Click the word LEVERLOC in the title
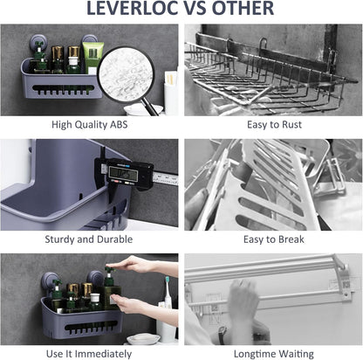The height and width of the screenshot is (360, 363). [x=133, y=8]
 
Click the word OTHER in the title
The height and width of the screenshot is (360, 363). [x=243, y=8]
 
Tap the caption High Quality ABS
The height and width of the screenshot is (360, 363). [x=90, y=125]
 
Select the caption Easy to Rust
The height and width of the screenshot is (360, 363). [x=274, y=125]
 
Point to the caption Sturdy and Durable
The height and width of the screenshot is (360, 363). [x=89, y=239]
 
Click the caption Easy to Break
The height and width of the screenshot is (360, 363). [x=274, y=239]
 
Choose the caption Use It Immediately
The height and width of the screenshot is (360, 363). [x=89, y=354]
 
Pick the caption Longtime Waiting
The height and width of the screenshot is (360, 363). [x=274, y=354]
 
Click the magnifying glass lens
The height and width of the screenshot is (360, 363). [x=126, y=77]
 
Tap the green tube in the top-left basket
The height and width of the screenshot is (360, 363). [x=92, y=58]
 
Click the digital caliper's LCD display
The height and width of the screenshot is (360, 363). [x=123, y=174]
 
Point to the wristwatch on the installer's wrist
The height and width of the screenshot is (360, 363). [x=222, y=335]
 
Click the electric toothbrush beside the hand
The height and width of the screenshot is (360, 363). [x=168, y=291]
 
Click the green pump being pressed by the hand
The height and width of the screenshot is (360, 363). [x=109, y=272]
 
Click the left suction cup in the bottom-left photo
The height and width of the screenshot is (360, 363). [x=48, y=281]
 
